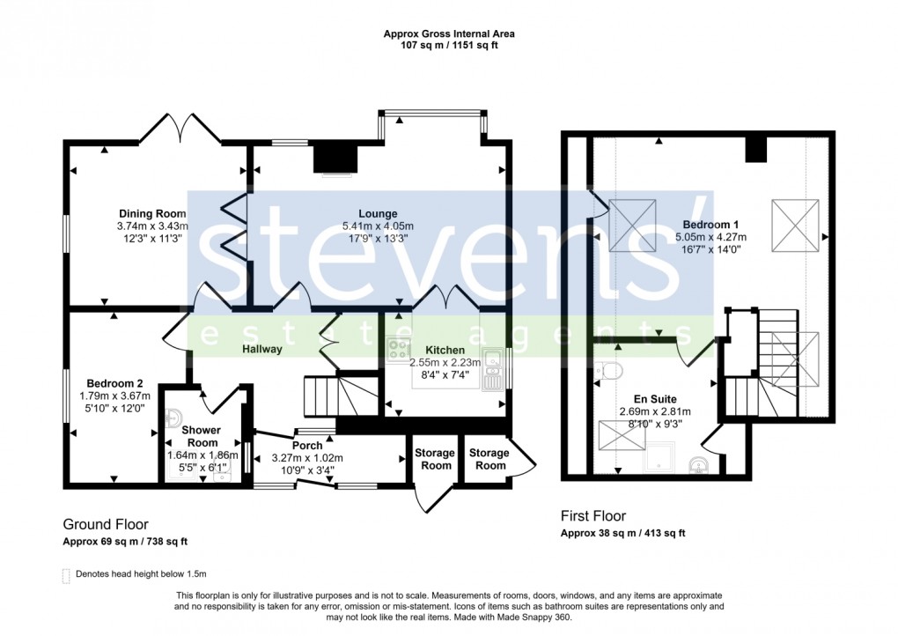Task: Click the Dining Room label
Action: click(x=153, y=213)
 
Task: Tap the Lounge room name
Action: click(x=378, y=213)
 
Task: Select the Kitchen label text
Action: click(x=445, y=350)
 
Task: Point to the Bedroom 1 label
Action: click(x=710, y=224)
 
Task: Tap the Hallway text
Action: click(x=262, y=349)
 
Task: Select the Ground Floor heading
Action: click(x=106, y=523)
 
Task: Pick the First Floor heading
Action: click(x=593, y=516)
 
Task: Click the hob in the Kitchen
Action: click(x=399, y=348)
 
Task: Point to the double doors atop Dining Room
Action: click(x=180, y=129)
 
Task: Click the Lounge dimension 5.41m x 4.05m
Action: click(x=378, y=226)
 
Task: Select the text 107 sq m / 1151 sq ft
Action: click(x=449, y=45)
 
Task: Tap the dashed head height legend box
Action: click(x=66, y=575)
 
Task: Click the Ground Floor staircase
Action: click(x=337, y=396)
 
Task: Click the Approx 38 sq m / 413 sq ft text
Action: click(x=623, y=534)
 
